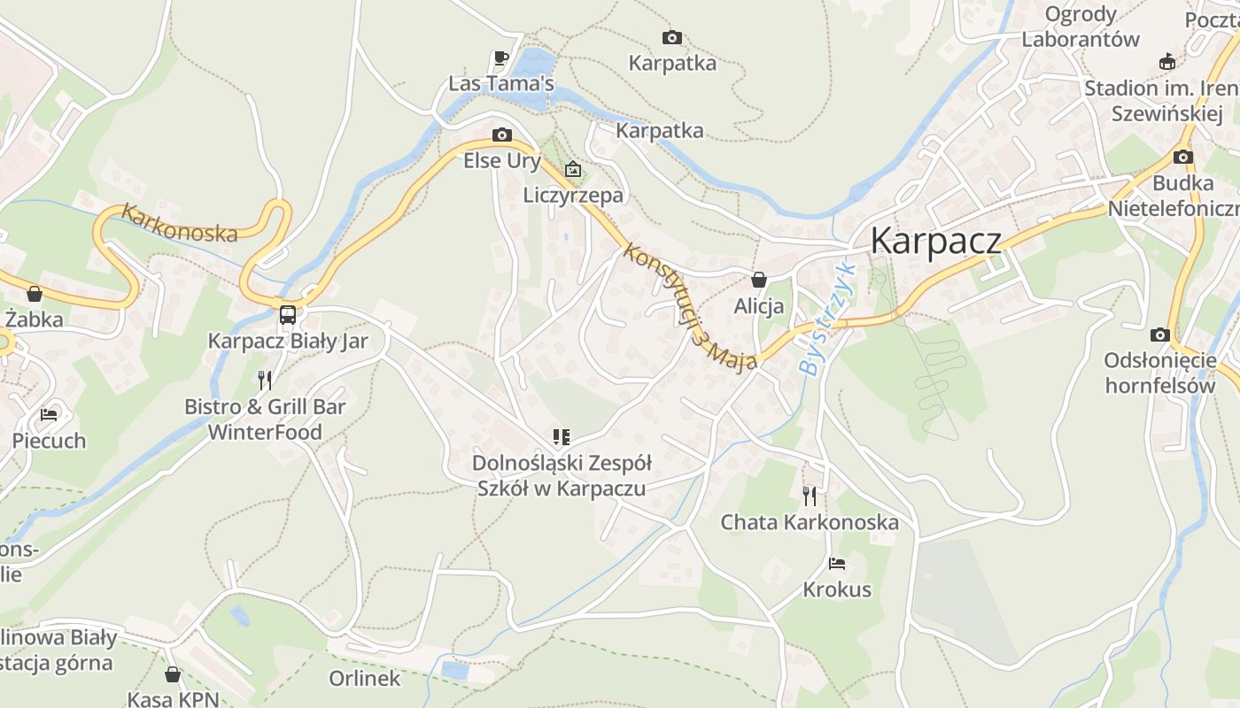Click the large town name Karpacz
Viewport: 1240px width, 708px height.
click(936, 241)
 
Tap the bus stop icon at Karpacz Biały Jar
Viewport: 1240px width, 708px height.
click(288, 314)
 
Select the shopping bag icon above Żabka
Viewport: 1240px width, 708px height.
click(35, 293)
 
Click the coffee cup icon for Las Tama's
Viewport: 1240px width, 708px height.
click(501, 58)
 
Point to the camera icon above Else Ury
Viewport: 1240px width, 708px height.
click(502, 135)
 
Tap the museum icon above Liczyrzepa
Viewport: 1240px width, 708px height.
click(573, 168)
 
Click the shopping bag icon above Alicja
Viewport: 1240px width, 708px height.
click(759, 280)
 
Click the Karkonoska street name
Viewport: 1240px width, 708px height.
click(180, 223)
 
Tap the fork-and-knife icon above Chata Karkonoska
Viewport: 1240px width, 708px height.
click(810, 496)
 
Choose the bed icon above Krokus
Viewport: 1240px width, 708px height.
click(837, 563)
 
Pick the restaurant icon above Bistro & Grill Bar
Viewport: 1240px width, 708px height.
click(264, 381)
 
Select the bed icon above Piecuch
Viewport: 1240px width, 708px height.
click(49, 414)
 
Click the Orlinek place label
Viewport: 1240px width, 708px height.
click(365, 678)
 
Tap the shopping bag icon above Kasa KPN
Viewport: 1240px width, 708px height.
click(173, 674)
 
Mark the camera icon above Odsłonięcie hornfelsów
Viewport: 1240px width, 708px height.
click(1159, 335)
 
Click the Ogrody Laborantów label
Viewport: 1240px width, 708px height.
click(1081, 27)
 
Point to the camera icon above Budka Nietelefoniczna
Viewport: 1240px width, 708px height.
click(1182, 157)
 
